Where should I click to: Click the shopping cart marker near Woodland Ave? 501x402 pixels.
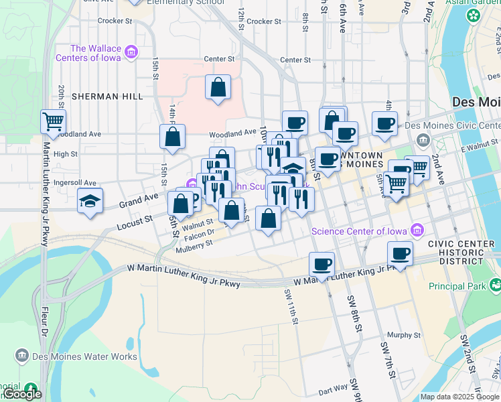click(x=53, y=122)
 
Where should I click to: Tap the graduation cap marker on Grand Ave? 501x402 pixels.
click(x=89, y=200)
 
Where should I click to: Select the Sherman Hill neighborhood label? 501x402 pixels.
click(x=109, y=96)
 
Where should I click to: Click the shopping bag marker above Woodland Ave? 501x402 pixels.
click(x=218, y=87)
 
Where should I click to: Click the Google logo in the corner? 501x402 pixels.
click(x=22, y=394)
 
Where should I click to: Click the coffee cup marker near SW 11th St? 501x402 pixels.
click(x=321, y=263)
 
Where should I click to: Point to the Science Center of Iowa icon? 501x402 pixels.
click(x=417, y=231)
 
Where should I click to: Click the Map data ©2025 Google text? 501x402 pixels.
click(x=459, y=397)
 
